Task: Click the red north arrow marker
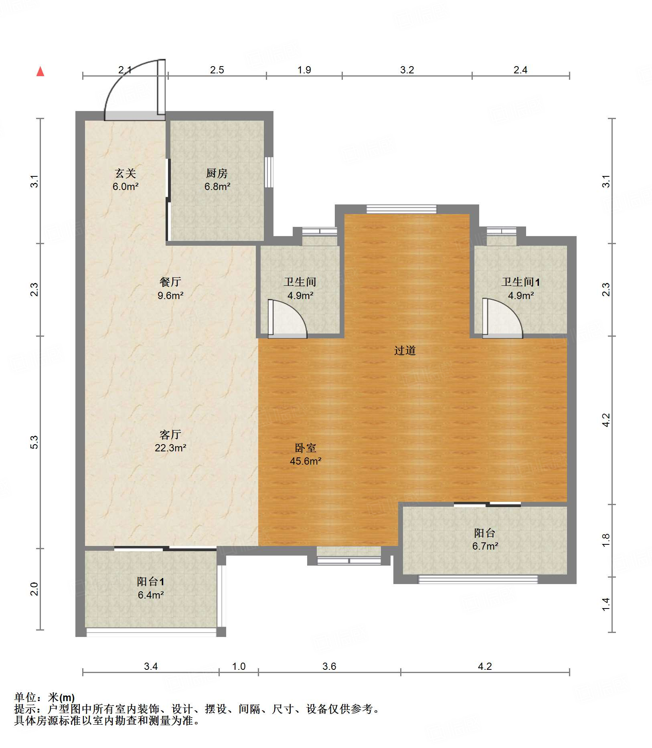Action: pos(40,71)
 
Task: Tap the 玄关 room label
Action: pos(126,173)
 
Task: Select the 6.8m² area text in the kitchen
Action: pos(217,186)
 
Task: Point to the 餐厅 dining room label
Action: pos(170,282)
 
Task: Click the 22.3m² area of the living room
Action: pos(170,448)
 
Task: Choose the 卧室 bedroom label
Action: pos(306,448)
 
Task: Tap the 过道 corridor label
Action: pos(405,350)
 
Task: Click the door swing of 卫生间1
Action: pos(502,317)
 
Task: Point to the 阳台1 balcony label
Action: pos(150,582)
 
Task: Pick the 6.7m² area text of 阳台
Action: pos(485,546)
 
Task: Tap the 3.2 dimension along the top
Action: pos(407,70)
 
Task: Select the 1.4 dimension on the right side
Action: pos(606,604)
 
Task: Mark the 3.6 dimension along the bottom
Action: pos(329,666)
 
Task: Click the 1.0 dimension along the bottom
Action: pos(239,666)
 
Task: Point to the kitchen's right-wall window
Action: pos(269,172)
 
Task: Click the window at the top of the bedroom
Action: pos(401,209)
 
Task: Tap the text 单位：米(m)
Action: pos(45,698)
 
